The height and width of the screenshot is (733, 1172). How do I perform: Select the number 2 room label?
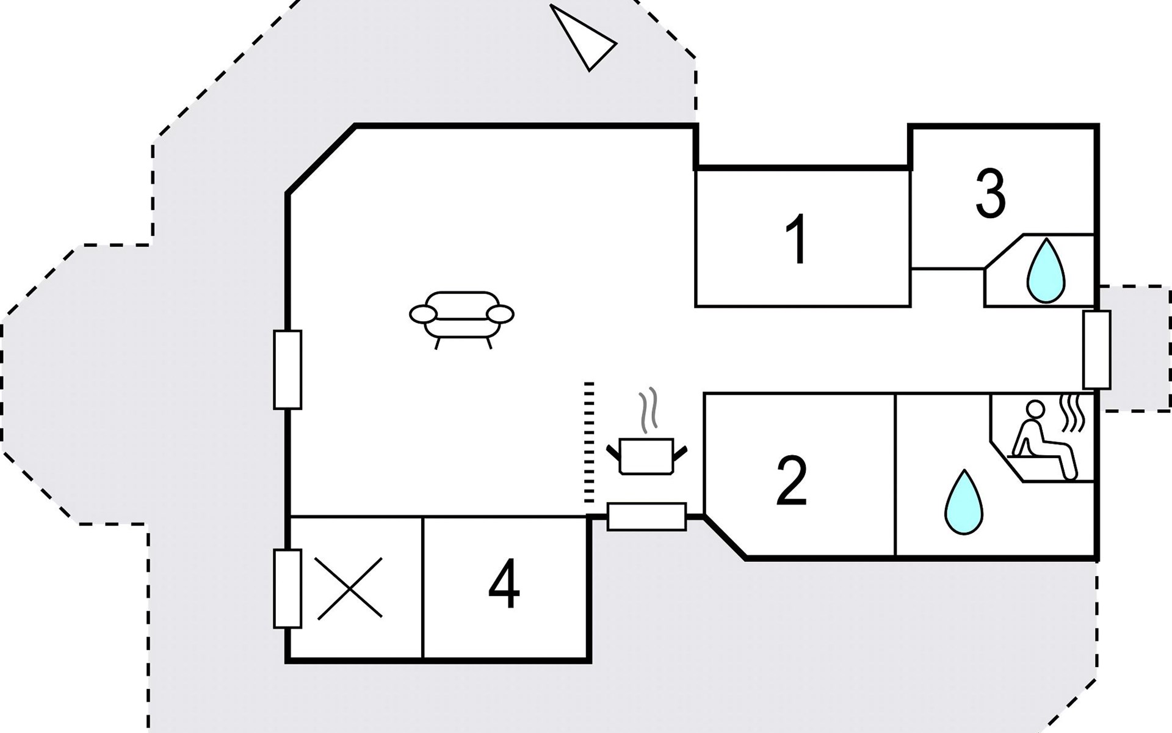(x=792, y=481)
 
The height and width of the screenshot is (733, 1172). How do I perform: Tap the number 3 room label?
(x=990, y=194)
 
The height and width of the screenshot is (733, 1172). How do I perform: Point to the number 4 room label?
(x=504, y=585)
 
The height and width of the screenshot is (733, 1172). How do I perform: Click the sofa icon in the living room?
(x=461, y=318)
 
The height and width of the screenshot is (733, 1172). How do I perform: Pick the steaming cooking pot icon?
(x=646, y=455)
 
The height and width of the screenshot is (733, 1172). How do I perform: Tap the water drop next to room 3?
(x=1046, y=271)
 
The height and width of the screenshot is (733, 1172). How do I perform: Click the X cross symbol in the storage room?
(x=350, y=588)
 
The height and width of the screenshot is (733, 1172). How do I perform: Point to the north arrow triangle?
(x=582, y=38)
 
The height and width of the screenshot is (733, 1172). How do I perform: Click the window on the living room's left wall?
(x=288, y=370)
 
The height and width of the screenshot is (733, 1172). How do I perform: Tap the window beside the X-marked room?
(x=288, y=588)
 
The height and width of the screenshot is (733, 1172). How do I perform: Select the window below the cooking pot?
(x=647, y=517)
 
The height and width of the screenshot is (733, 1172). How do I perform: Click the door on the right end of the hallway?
(x=1096, y=349)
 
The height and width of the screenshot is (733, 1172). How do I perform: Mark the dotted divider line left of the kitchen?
(x=589, y=442)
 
